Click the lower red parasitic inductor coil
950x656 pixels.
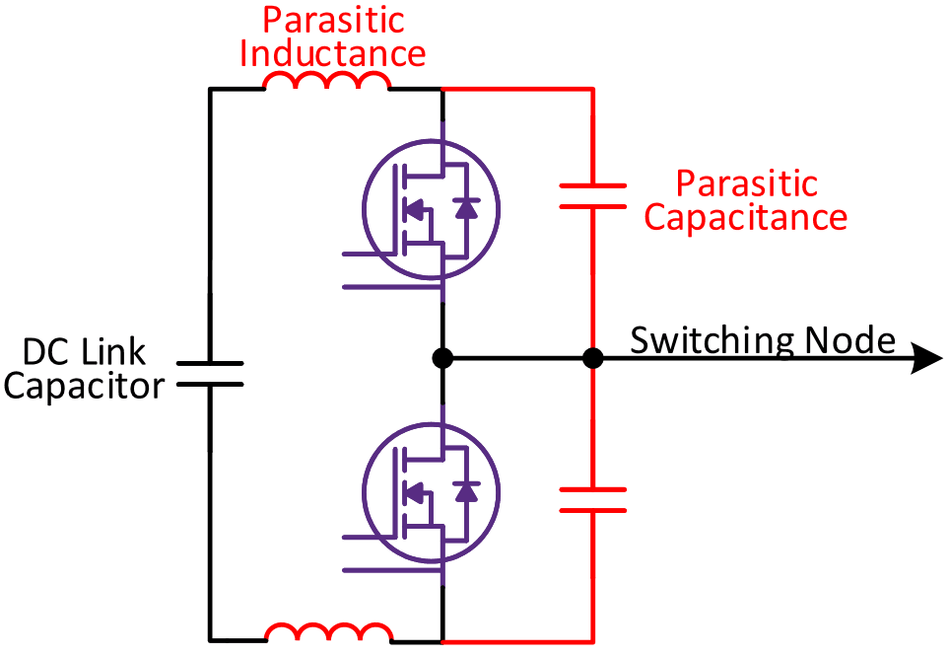point(327,632)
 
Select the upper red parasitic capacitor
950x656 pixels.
point(592,195)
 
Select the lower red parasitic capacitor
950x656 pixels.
point(592,499)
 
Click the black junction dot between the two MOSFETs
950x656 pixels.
point(442,359)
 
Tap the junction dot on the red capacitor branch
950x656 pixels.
point(592,359)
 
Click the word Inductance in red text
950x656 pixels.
point(334,52)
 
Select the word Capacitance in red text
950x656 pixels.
point(745,217)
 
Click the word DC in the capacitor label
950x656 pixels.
point(43,352)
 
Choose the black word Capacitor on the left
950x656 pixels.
point(84,386)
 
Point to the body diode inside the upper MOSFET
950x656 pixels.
point(466,208)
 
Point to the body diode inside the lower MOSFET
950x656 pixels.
point(466,491)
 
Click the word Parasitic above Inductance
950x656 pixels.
point(334,20)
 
